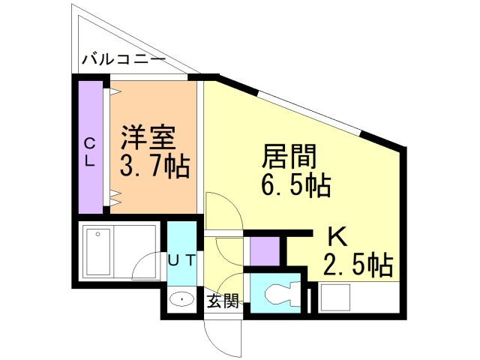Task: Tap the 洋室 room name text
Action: click(x=148, y=139)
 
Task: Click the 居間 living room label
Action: click(x=289, y=157)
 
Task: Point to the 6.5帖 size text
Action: click(x=296, y=184)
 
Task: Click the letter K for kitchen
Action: click(x=336, y=237)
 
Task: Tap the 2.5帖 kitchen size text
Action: click(x=358, y=265)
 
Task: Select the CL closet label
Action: click(x=89, y=151)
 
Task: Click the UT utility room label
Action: click(x=181, y=260)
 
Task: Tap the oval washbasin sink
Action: click(x=182, y=300)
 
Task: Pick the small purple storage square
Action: click(x=262, y=251)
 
